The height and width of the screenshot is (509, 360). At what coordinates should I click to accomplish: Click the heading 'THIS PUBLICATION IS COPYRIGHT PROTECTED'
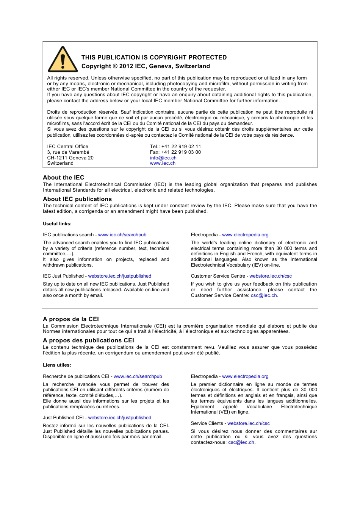154,58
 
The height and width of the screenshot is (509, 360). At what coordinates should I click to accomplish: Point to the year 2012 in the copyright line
126,66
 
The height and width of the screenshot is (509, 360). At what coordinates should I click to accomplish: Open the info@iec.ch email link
163,158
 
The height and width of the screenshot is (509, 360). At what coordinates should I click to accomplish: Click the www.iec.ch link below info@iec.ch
163,163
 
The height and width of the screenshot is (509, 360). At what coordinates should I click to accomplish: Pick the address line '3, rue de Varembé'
68,152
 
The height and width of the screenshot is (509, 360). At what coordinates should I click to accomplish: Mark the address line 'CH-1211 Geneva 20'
70,158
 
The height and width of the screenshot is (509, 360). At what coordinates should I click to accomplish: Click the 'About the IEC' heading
64,178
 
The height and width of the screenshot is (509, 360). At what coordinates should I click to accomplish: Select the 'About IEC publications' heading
77,199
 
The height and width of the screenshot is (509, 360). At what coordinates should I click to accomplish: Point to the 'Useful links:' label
57,224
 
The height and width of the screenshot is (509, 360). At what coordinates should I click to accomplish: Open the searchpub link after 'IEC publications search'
122,235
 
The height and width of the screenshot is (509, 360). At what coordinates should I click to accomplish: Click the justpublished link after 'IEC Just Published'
120,276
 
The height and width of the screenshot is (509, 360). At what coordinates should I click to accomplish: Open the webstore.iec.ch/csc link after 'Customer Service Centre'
271,276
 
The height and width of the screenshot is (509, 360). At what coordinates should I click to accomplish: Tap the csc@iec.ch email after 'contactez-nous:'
241,442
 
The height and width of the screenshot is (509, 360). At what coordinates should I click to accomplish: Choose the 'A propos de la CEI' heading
71,319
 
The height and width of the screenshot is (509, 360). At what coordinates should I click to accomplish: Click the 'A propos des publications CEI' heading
88,340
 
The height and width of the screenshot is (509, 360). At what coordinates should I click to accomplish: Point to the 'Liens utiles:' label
57,365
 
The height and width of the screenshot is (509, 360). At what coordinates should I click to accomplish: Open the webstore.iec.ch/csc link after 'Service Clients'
249,423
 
